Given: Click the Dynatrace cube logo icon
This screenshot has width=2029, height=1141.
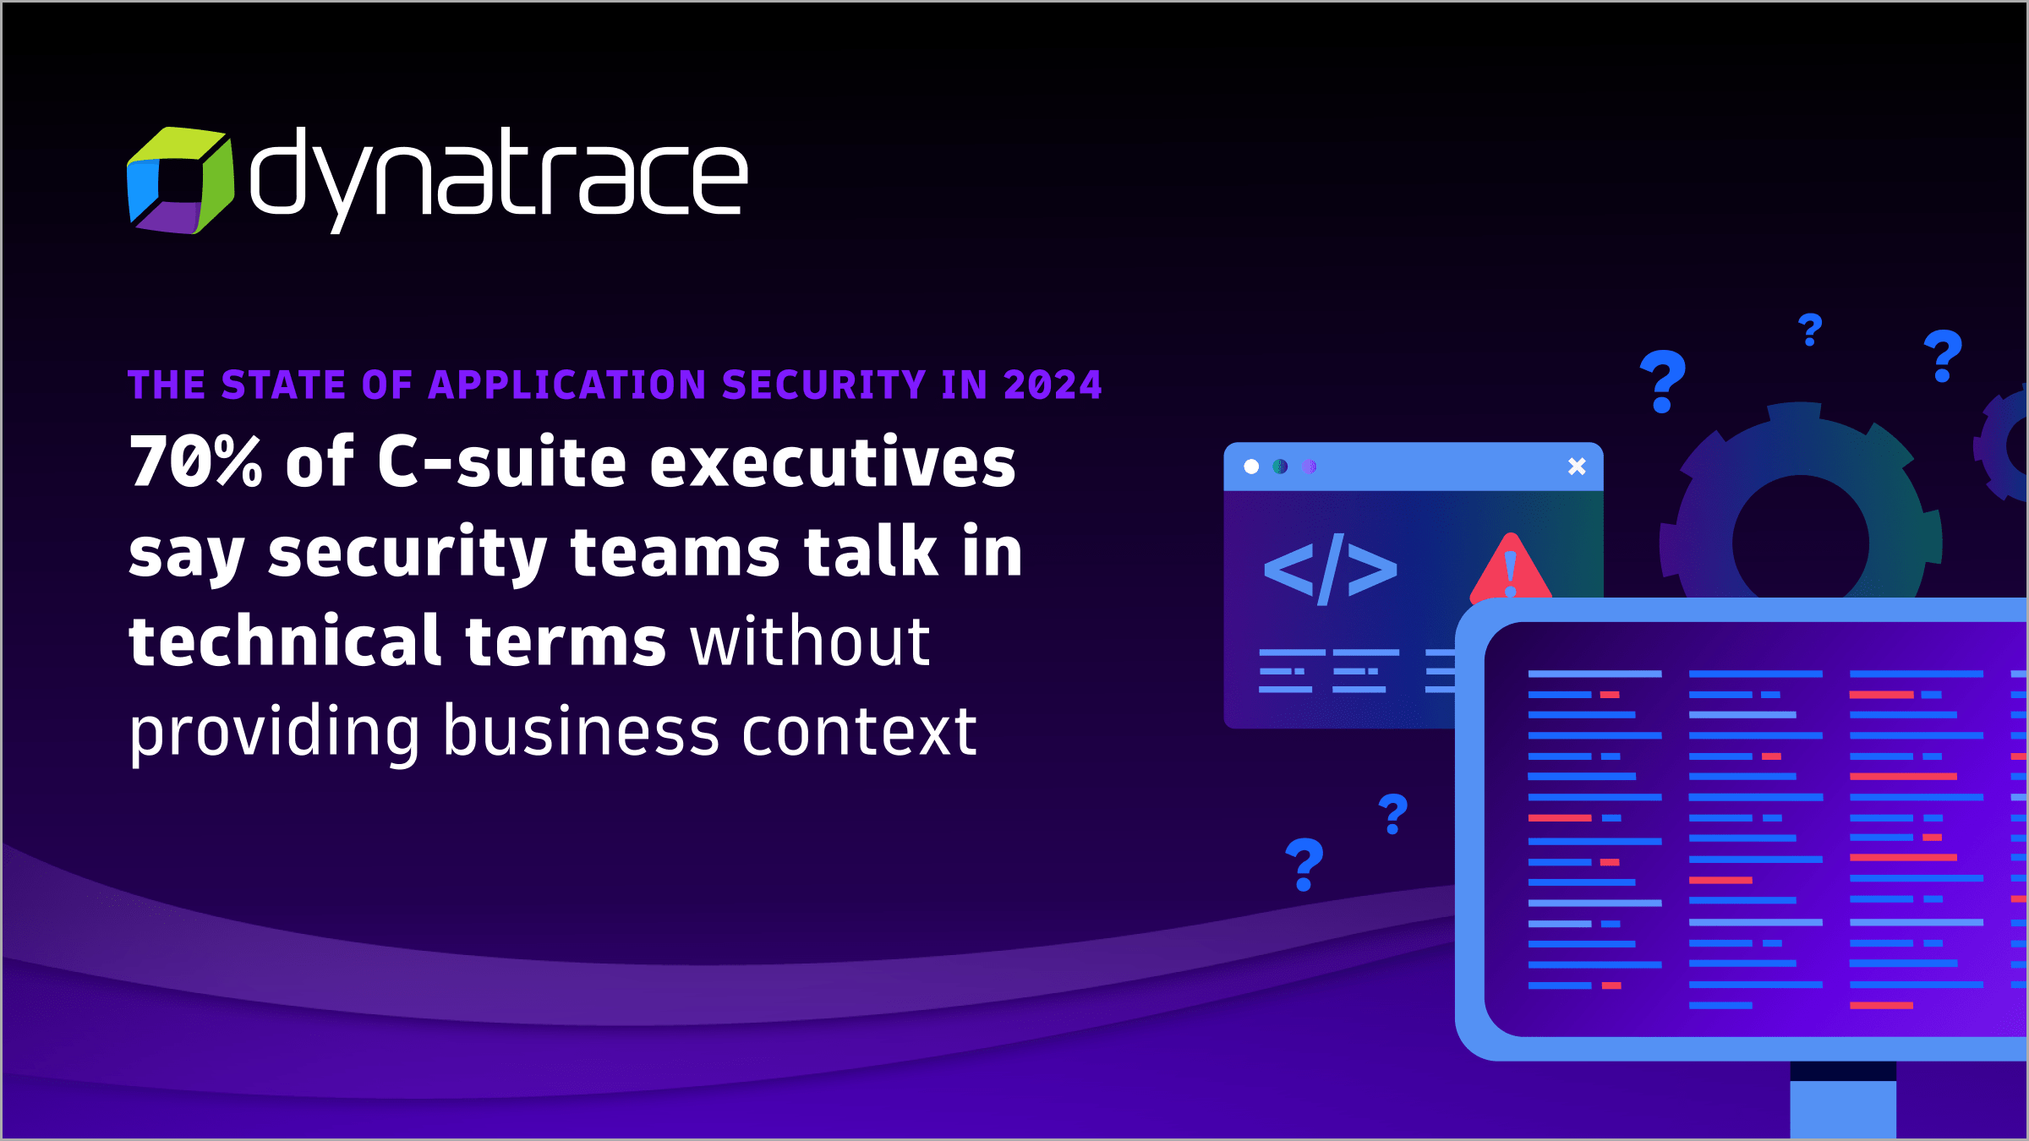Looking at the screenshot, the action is point(180,180).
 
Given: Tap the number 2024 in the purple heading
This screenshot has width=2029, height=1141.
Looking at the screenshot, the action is point(1053,385).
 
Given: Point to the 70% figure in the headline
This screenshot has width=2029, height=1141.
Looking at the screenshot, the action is point(196,461).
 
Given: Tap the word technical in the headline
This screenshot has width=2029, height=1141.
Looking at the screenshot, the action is point(286,640).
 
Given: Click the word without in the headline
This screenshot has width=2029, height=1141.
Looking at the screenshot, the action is point(811,640).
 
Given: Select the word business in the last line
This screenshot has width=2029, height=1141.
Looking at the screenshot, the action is point(582,730).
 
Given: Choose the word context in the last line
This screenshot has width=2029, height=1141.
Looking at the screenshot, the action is point(860,732).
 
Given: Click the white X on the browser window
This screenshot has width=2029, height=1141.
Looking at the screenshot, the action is point(1577,466).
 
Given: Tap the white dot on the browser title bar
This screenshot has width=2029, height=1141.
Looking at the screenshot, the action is point(1251,467).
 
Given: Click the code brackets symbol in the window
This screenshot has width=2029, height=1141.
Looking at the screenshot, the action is point(1330,569).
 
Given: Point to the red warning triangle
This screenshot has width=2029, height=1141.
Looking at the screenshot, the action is point(1511,568).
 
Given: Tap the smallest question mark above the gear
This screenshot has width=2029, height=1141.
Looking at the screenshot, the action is point(1810,330).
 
